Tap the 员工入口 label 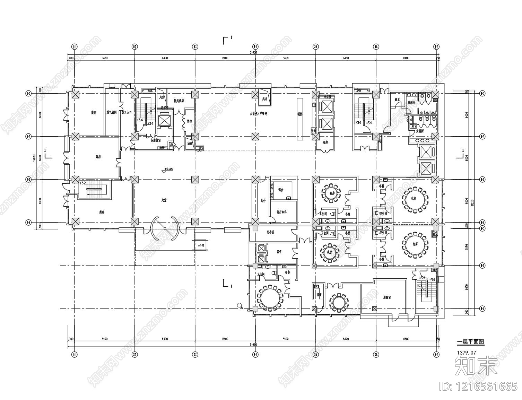(127, 112)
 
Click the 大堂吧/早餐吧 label (259, 113)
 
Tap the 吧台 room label (281, 190)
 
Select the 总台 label (263, 201)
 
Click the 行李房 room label (270, 232)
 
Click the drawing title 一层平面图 (470, 342)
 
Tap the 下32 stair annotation (83, 183)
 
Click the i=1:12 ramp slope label (200, 245)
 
